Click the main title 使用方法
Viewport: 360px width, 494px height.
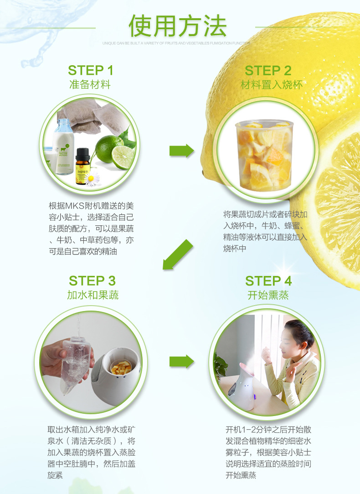point(177,26)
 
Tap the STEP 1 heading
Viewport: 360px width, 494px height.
point(90,70)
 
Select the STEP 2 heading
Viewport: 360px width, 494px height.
point(267,70)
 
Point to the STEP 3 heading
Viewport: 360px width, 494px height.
point(92,280)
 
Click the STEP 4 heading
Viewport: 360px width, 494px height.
point(268,280)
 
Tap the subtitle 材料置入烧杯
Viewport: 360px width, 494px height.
point(271,84)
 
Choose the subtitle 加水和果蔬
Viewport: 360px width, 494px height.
point(93,295)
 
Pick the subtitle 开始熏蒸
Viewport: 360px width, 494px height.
point(268,295)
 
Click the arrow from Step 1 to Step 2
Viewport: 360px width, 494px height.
point(181,151)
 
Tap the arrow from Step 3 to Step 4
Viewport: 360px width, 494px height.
point(181,362)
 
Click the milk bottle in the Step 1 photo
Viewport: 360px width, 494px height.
point(64,146)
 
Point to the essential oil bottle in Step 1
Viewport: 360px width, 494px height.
point(82,166)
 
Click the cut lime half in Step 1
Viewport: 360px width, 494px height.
point(123,157)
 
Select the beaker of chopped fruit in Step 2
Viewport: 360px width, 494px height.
point(263,155)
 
